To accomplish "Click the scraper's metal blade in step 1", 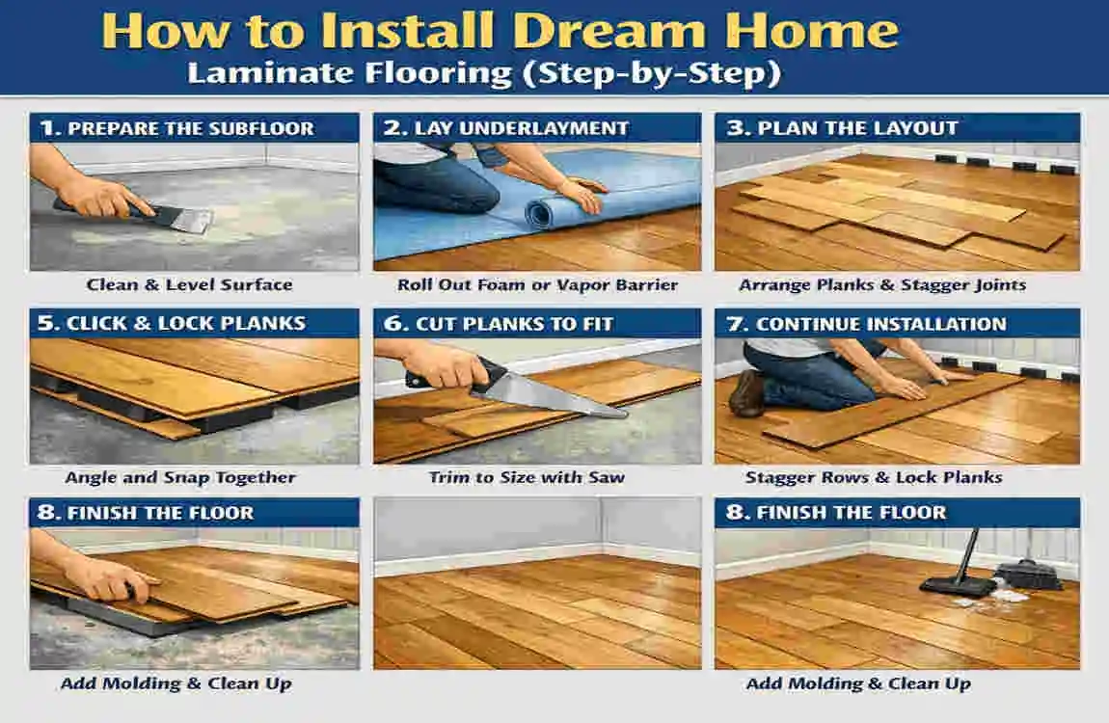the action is tap(190, 221).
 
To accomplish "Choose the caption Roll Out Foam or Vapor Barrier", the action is tap(537, 284).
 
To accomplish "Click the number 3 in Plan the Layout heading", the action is tap(736, 128).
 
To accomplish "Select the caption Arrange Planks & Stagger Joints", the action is tap(882, 284).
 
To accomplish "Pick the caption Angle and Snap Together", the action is tap(180, 478).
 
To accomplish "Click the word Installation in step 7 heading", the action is tap(934, 325).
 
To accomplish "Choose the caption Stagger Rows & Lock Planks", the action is tap(875, 478).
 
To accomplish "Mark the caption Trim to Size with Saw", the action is tap(527, 478).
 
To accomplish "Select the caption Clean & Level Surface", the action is tap(190, 284).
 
